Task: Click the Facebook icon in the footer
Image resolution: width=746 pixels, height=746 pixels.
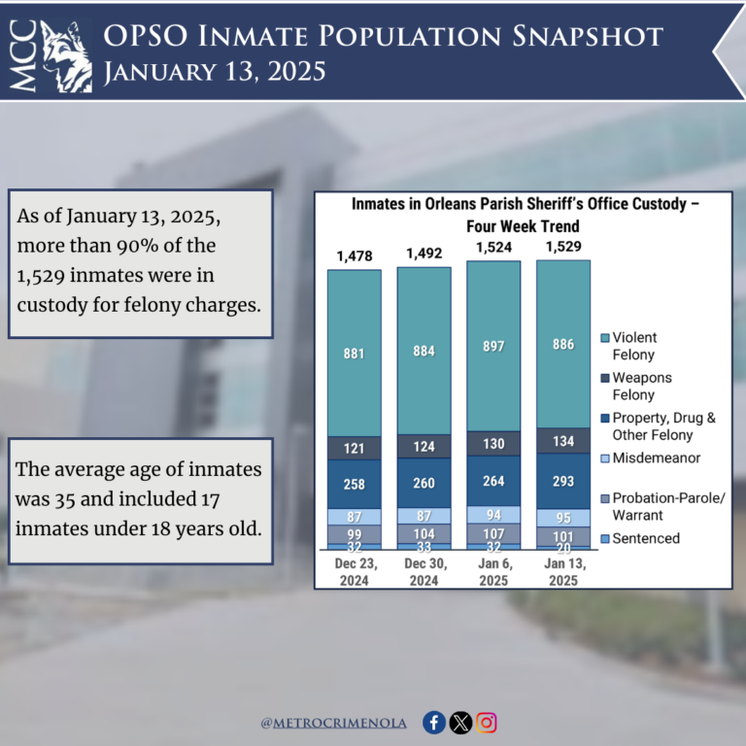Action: click(x=434, y=723)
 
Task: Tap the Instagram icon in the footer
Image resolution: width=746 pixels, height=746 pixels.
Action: click(x=488, y=723)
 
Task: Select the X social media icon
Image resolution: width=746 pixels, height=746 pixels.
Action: click(x=461, y=723)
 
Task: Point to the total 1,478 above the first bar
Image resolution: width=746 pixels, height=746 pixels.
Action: click(x=355, y=255)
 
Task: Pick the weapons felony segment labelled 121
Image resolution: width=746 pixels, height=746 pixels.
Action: click(x=355, y=448)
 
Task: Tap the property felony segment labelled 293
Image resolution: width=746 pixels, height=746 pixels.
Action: click(x=563, y=481)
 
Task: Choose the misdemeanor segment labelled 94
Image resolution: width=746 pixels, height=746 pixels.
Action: click(x=493, y=514)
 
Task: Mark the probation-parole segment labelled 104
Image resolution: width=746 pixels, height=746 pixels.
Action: click(x=424, y=533)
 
